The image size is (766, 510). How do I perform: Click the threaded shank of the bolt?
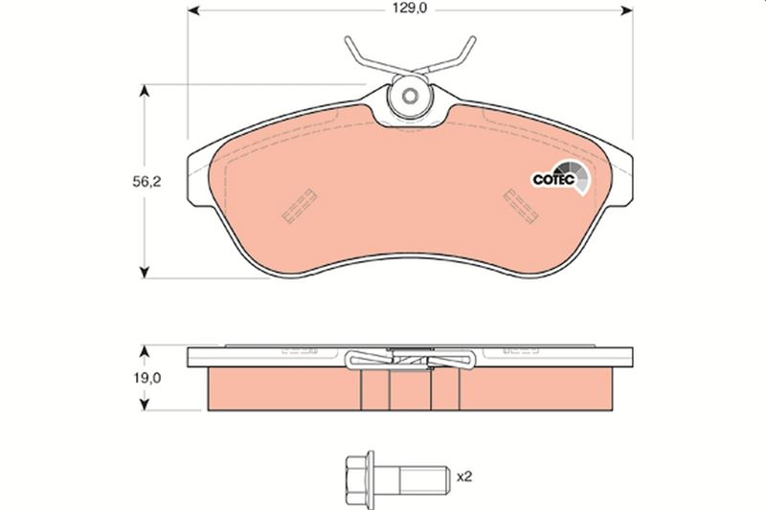[x=418, y=476]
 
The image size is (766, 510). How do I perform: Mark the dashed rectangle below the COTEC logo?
[x=521, y=204]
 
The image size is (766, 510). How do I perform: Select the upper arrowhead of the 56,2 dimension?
[x=145, y=91]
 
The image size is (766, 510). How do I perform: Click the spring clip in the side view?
[x=410, y=359]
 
